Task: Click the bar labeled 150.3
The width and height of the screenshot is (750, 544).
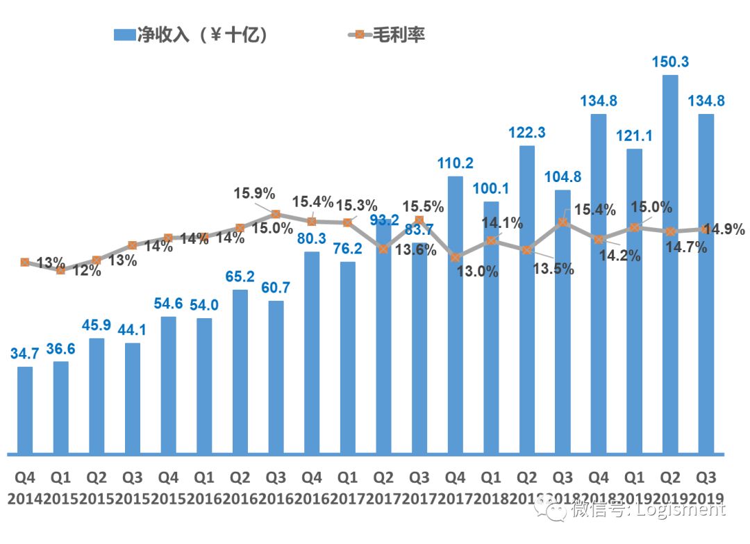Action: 670,264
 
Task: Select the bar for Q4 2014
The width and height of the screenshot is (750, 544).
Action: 25,410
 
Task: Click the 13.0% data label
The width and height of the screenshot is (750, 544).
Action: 478,272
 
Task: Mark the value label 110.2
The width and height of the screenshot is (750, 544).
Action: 456,163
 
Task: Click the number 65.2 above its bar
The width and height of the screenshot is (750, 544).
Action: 240,277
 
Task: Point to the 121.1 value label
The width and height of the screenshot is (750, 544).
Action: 635,135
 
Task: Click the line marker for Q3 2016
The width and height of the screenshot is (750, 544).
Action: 276,215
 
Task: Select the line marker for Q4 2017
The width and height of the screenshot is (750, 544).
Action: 456,257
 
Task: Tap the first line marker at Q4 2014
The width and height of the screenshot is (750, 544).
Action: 25,262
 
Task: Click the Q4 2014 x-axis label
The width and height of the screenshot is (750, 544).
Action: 25,488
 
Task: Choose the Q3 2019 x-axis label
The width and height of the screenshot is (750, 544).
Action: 706,488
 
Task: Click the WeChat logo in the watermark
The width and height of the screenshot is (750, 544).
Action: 556,511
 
